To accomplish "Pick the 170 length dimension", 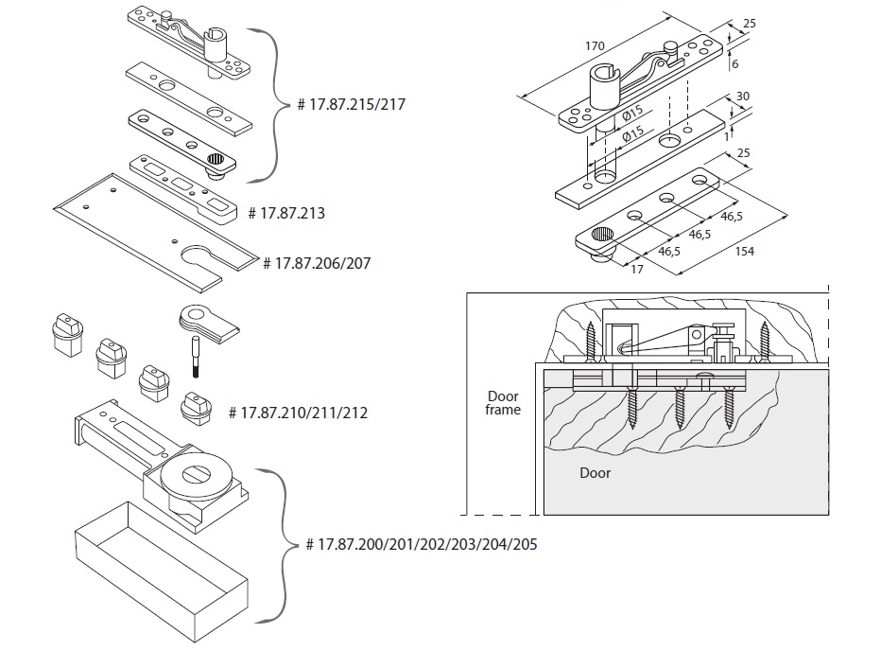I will pos(595,45).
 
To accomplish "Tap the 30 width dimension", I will pos(742,96).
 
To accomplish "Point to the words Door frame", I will pos(503,402).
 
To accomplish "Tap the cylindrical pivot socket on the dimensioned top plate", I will pos(604,88).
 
